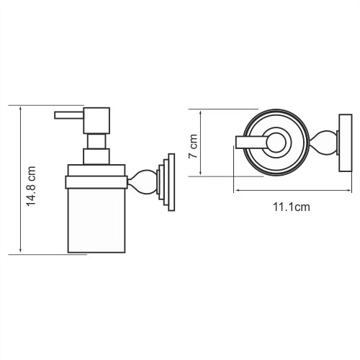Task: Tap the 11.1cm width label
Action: [291, 208]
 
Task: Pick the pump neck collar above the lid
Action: [96, 156]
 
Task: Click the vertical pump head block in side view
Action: [96, 121]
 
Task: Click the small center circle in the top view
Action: [276, 142]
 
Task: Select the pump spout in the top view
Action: [252, 142]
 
